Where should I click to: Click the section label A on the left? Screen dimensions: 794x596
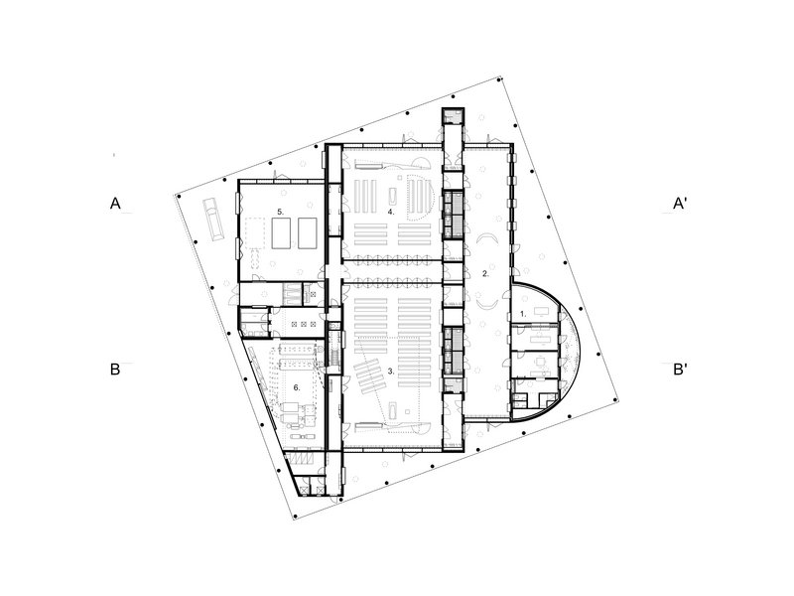[x=115, y=204]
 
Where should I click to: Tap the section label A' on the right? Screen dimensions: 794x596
[x=680, y=204]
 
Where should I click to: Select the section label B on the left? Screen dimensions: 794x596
[x=115, y=369]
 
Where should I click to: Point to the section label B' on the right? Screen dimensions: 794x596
[x=680, y=370]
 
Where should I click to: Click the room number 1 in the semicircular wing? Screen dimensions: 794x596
[x=523, y=314]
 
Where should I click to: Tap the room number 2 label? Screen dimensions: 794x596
[x=485, y=274]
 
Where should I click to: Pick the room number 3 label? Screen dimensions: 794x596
[x=391, y=371]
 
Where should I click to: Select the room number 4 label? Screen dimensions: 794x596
[x=391, y=212]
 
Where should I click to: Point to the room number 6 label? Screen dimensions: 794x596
[x=297, y=387]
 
